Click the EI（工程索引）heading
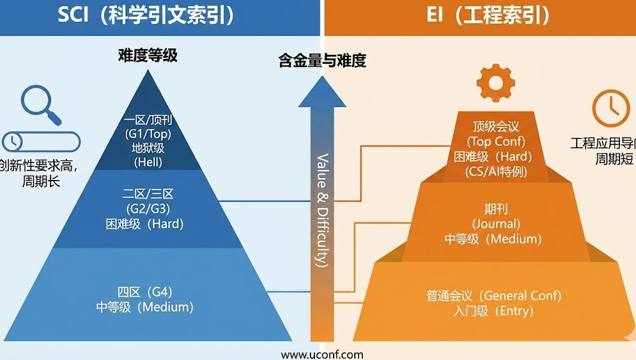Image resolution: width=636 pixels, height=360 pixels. click(488, 15)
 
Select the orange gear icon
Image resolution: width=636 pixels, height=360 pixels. click(494, 84)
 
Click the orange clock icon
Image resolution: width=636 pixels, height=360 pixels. click(611, 108)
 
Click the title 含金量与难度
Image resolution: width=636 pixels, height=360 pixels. click(322, 61)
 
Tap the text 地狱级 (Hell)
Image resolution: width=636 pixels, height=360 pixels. click(148, 154)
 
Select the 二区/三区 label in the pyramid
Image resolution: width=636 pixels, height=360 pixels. click(148, 194)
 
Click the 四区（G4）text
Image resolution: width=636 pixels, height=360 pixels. click(145, 292)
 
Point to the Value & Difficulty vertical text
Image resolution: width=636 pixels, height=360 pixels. click(322, 209)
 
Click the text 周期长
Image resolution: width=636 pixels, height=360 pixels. click(40, 180)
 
